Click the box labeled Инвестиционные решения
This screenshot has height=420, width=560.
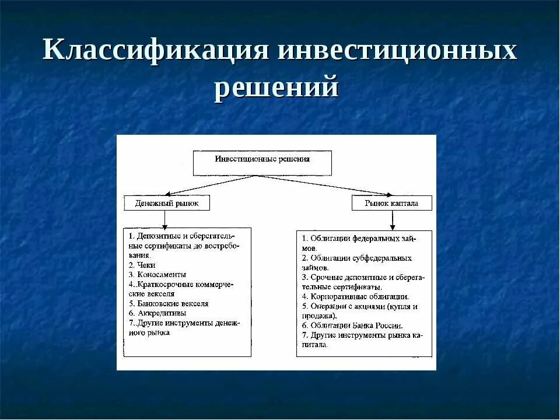tap(262, 163)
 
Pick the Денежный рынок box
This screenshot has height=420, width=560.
tap(166, 203)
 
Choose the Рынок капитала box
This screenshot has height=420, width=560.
tap(391, 203)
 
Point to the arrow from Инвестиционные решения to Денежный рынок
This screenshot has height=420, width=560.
tap(210, 185)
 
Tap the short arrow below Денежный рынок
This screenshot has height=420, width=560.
tap(165, 219)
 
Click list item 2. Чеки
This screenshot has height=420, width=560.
tap(139, 265)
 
